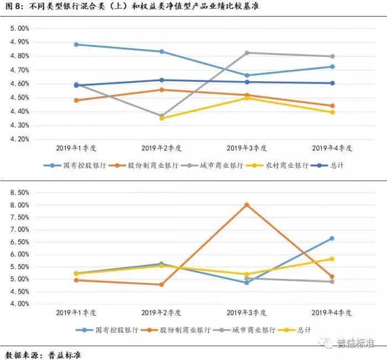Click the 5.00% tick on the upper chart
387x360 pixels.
19,28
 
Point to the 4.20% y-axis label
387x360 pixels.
19,139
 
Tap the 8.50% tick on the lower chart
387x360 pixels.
19,193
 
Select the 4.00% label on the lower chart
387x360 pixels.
19,304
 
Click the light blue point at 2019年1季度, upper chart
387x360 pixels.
76,45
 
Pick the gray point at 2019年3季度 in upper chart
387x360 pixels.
247,53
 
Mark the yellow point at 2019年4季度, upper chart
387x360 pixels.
332,113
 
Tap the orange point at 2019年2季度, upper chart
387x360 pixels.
161,90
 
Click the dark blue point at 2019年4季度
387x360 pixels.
332,83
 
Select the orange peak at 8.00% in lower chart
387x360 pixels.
247,205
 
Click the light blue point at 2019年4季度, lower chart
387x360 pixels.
332,239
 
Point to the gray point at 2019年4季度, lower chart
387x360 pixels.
332,282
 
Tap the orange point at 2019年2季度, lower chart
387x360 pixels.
161,284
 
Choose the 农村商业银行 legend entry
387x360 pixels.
277,166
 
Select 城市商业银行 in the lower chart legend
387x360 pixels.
244,330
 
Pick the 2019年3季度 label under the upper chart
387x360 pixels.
247,148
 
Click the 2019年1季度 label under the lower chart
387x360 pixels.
76,313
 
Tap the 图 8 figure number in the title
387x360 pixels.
13,6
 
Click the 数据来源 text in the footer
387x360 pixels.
22,355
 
